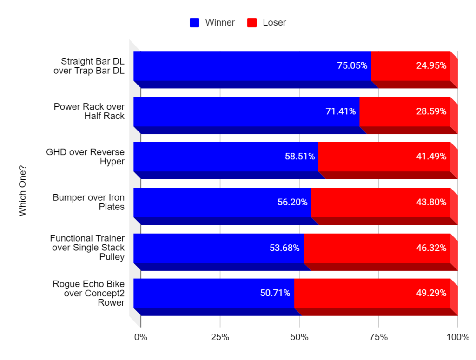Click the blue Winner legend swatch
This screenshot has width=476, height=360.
[x=195, y=22]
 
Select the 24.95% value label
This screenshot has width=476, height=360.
[x=431, y=65]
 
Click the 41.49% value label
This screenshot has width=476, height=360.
[x=431, y=157]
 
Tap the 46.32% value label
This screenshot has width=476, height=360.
[x=431, y=248]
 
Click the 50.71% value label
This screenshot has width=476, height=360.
[x=275, y=293]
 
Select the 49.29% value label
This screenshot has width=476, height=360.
[x=431, y=293]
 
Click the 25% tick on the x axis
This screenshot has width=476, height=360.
[x=220, y=337]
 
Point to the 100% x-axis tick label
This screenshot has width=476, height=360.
[x=457, y=337]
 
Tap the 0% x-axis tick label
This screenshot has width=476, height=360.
[x=140, y=337]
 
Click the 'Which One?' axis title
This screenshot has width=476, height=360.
[x=22, y=191]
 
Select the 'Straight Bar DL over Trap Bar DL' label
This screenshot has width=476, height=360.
[x=93, y=65]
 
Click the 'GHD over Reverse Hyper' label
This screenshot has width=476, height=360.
[x=86, y=157]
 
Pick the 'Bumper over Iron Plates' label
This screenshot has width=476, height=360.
[x=88, y=202]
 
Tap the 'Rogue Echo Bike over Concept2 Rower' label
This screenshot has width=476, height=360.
[x=88, y=293]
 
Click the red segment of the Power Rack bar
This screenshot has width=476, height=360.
[x=404, y=111]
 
